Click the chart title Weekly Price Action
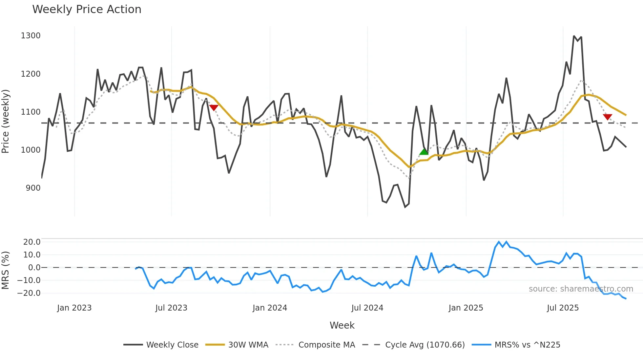point(87,9)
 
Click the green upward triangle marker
point(424,152)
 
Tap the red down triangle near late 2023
point(214,107)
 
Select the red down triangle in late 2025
point(607,117)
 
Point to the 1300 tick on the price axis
point(31,36)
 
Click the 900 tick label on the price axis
point(33,188)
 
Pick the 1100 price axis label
point(31,112)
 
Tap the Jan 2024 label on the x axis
point(270,308)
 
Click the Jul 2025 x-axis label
point(563,308)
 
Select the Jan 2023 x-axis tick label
point(74,308)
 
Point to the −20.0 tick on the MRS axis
point(29,293)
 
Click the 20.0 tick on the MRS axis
point(31,242)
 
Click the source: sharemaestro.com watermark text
point(581,289)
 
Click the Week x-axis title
point(342,325)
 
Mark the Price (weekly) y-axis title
point(6,121)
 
